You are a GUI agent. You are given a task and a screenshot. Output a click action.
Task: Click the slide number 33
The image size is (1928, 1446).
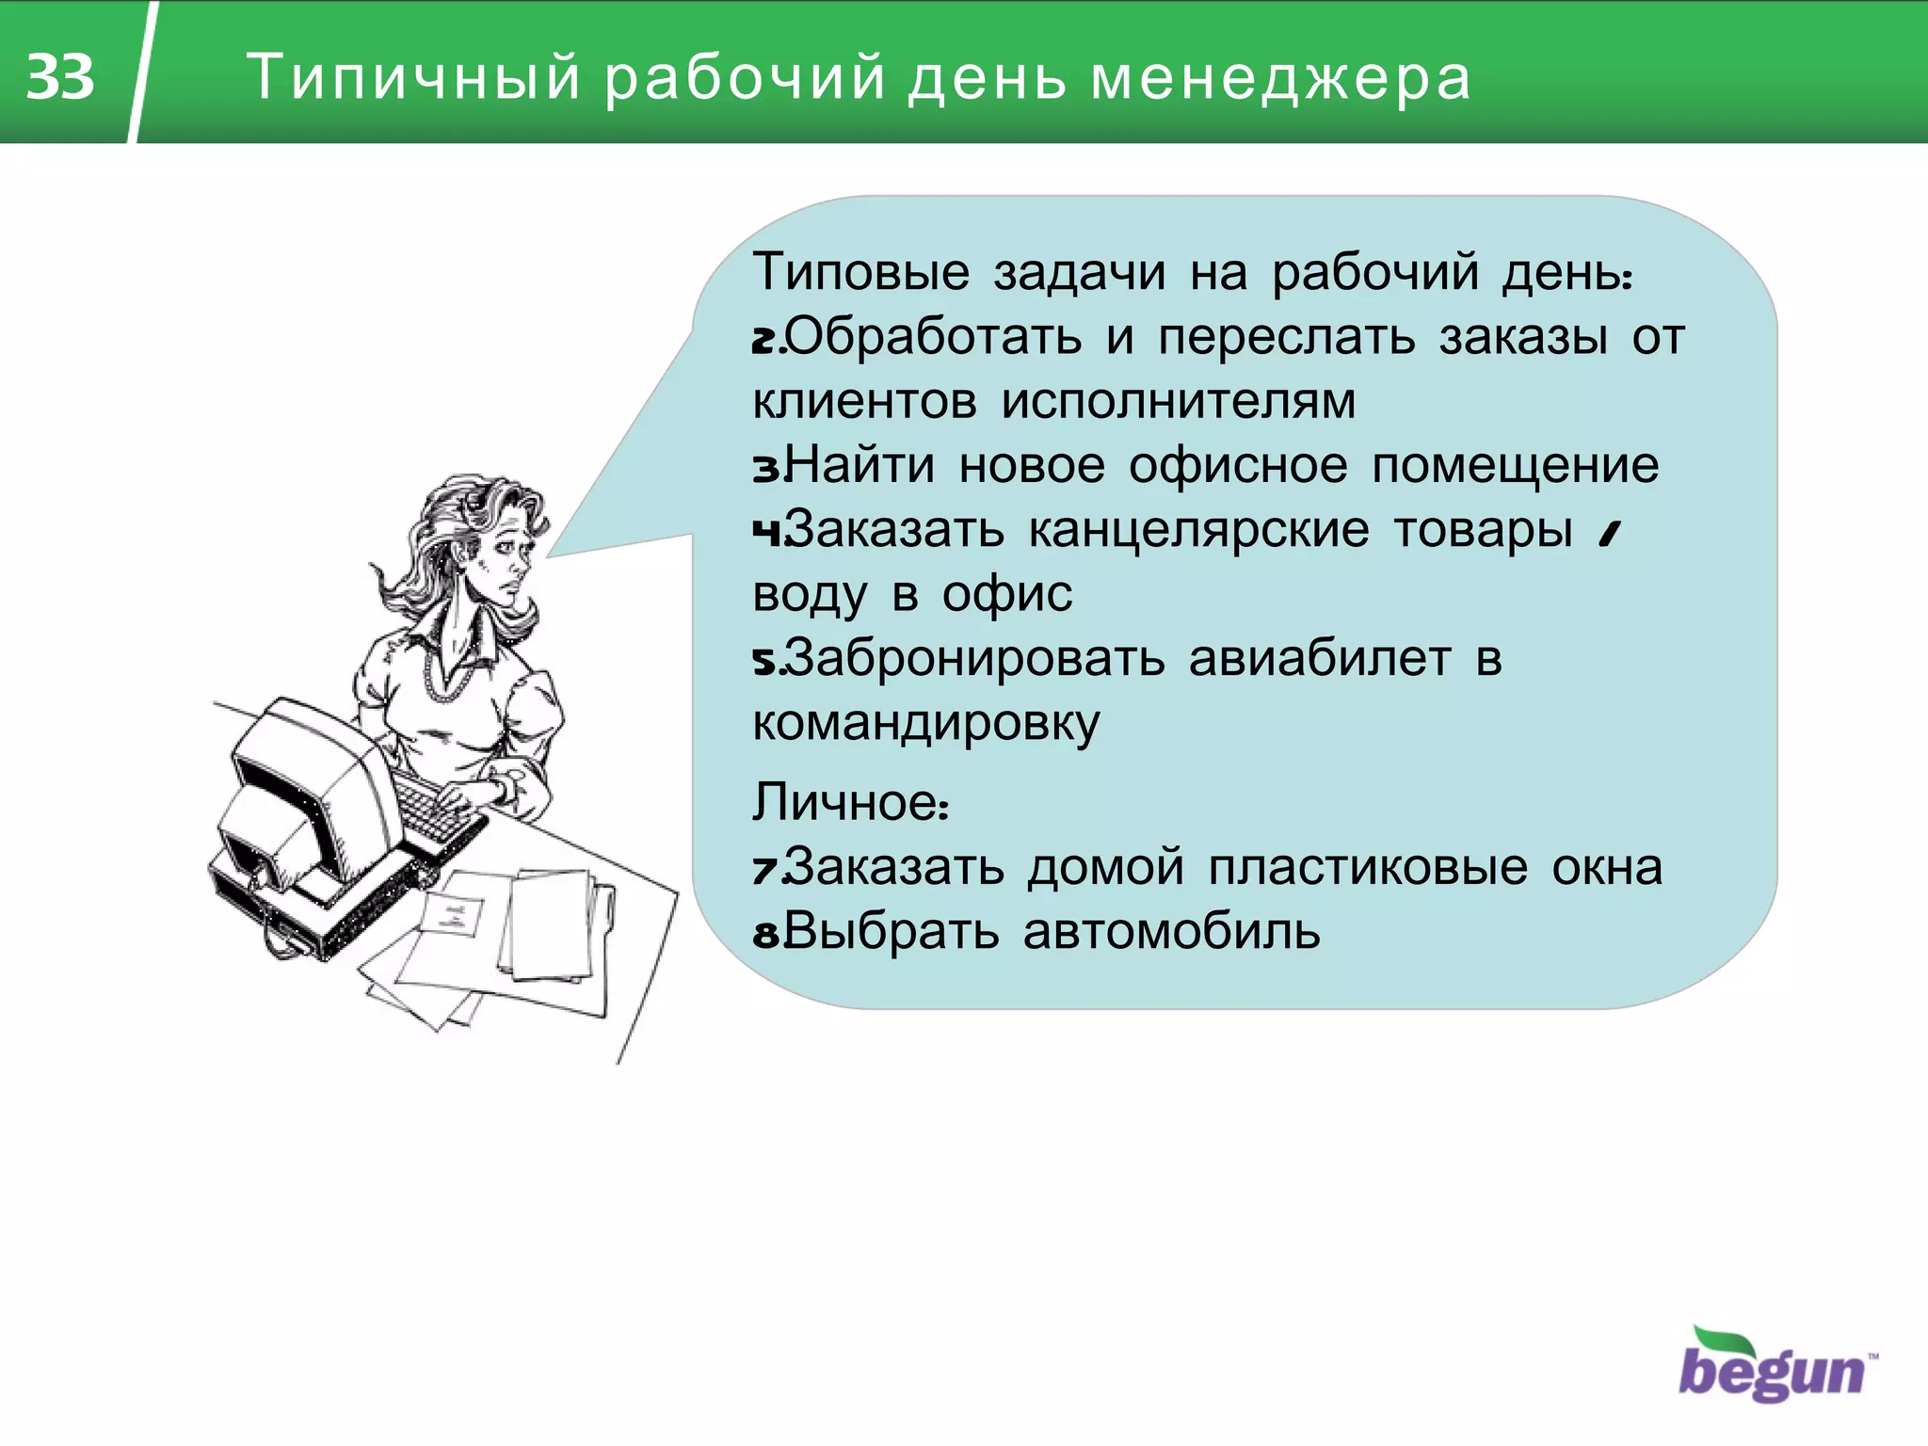click(60, 76)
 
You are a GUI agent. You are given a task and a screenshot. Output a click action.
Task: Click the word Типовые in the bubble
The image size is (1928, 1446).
click(860, 272)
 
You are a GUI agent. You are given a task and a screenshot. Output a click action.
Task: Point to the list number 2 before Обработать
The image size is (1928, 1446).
click(764, 340)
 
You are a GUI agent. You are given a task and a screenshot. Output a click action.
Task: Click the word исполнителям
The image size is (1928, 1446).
click(1178, 402)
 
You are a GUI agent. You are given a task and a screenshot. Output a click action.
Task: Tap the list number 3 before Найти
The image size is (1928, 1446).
click(764, 468)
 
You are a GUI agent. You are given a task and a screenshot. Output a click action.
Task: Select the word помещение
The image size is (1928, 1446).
click(1515, 465)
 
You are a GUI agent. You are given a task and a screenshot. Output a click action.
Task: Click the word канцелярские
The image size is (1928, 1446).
click(1198, 530)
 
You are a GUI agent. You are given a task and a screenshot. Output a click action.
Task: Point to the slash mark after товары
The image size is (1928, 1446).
click(1610, 534)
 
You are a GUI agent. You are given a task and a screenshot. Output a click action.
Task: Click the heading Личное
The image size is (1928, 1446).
click(849, 803)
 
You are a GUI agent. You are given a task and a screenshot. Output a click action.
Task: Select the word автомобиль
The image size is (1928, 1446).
click(1171, 932)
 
